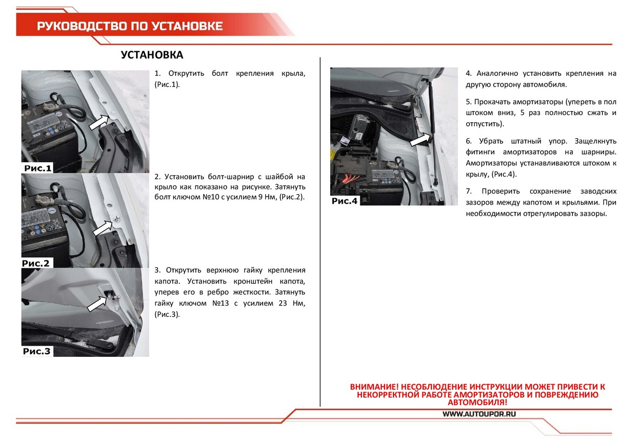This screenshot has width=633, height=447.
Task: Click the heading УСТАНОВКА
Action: (152, 55)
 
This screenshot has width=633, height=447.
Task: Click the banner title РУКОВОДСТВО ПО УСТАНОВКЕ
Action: (130, 26)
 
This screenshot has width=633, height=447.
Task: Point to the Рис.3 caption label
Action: (37, 351)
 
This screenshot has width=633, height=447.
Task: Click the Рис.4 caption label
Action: (344, 201)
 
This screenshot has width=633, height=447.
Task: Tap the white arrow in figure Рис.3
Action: (97, 304)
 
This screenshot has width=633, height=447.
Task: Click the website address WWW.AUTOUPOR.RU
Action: (479, 414)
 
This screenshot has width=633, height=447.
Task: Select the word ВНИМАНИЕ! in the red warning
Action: (374, 387)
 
